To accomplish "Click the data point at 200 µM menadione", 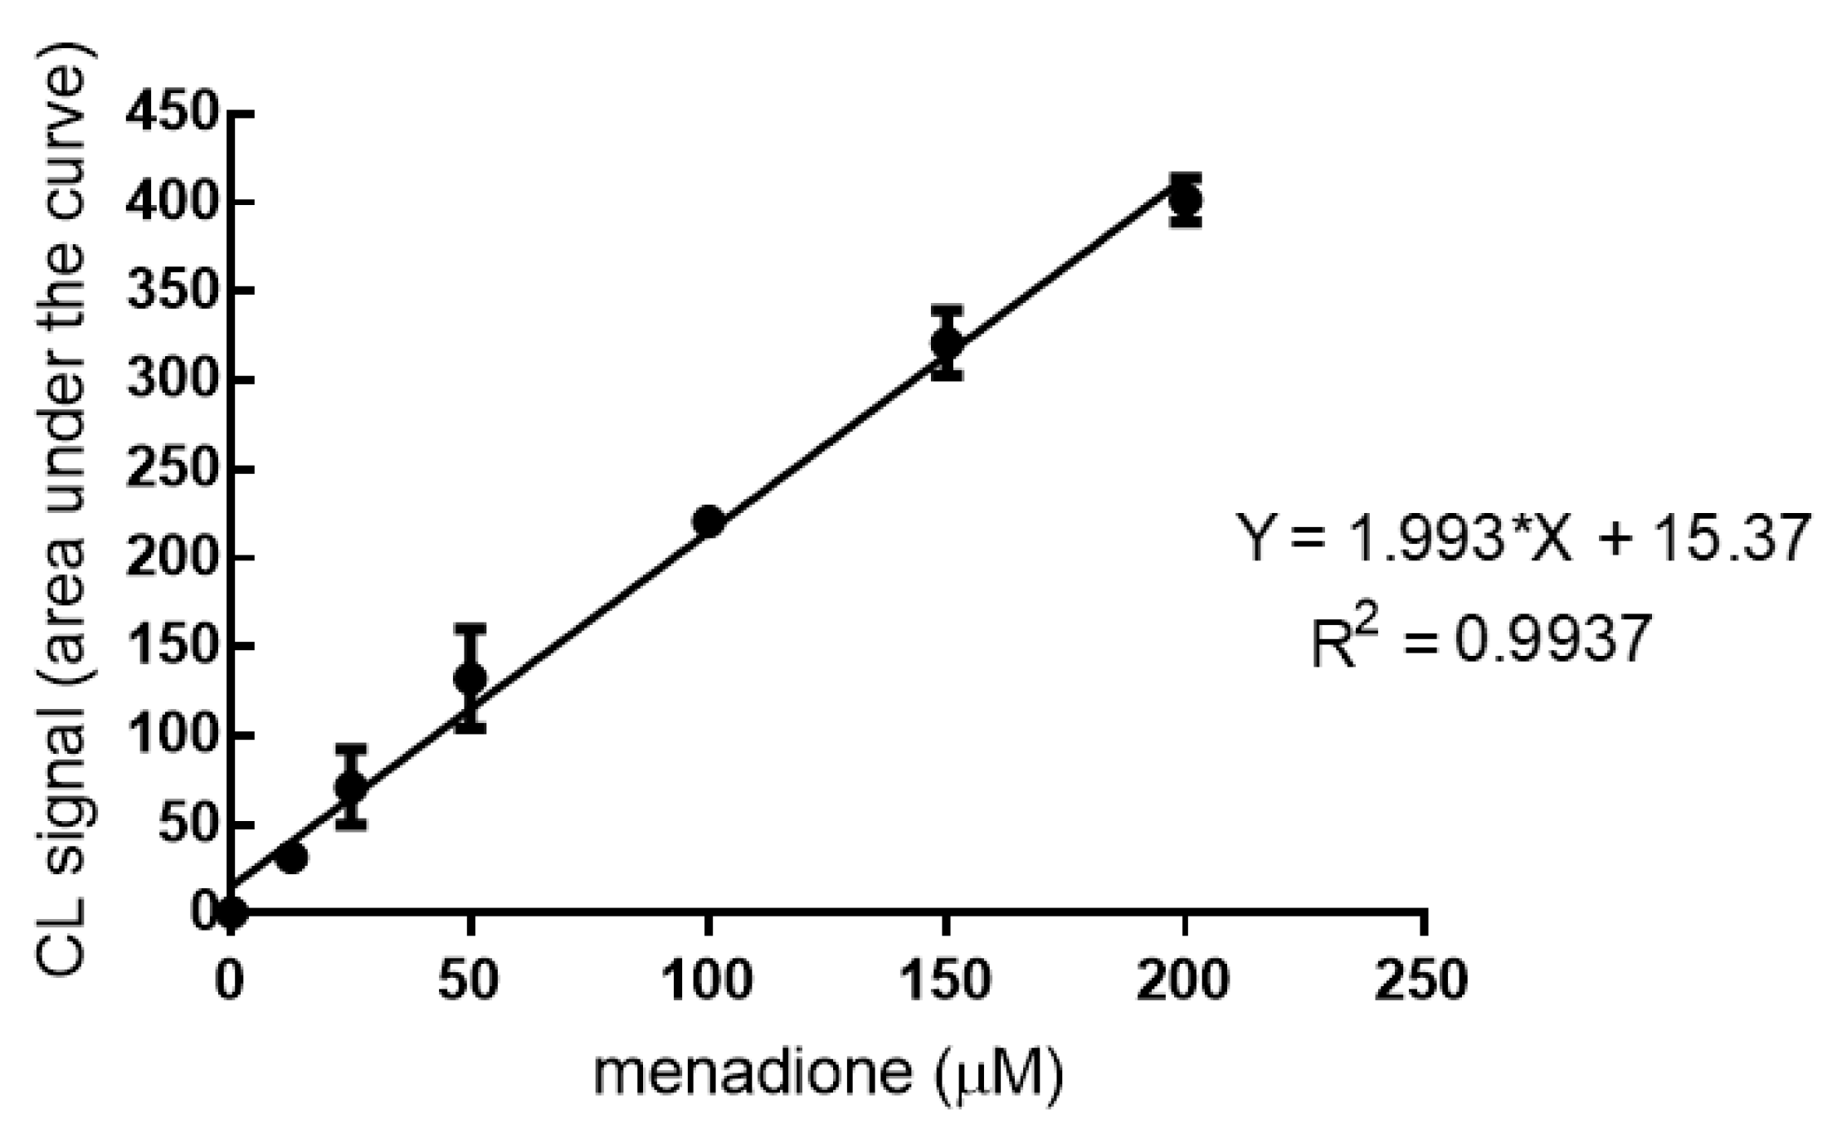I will (1186, 199).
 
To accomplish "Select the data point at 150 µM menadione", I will (947, 342).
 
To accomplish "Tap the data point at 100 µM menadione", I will (709, 521).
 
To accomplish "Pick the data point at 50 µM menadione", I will (470, 678).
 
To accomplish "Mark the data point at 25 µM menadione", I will (351, 785).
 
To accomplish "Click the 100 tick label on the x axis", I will (709, 980).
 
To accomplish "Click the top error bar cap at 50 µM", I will (470, 628).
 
